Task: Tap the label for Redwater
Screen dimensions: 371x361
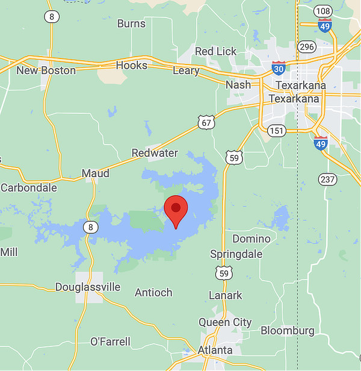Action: point(155,153)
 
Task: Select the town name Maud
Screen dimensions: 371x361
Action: point(96,173)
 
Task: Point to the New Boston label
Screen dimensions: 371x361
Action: point(46,70)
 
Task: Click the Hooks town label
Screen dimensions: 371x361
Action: point(131,65)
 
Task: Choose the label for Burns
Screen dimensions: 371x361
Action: point(131,23)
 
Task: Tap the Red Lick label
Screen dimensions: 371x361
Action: point(216,51)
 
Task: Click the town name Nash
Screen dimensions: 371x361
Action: point(238,85)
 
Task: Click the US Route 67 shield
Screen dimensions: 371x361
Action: point(206,123)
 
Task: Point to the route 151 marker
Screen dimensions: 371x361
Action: point(277,131)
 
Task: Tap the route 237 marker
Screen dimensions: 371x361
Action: point(327,179)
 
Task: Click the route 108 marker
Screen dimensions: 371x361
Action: point(323,11)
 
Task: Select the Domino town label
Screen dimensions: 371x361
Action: point(247,238)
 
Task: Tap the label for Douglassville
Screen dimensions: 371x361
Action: point(88,287)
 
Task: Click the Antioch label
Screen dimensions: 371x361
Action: point(153,293)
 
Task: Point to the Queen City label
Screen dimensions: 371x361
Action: point(225,322)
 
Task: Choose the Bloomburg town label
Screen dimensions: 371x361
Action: point(288,331)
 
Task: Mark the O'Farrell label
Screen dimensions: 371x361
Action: point(110,341)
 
